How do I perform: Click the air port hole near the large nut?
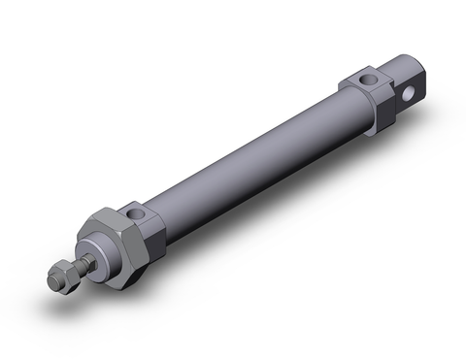[x=135, y=212]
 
